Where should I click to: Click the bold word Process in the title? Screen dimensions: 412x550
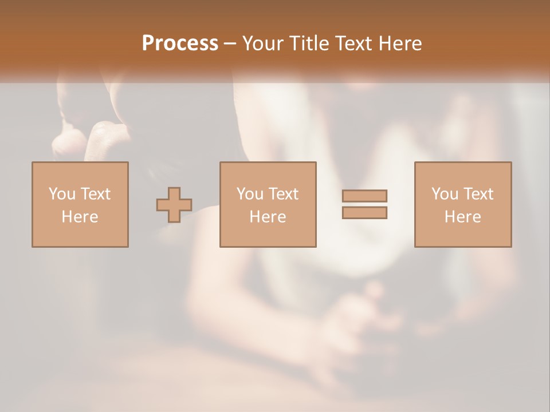180,43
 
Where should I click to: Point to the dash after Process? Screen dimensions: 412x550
230,44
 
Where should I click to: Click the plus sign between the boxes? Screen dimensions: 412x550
174,204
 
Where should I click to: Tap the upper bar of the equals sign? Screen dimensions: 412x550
365,196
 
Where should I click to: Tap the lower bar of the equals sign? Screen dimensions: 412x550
365,212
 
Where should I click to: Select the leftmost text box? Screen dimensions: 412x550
80,204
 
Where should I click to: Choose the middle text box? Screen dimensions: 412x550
268,204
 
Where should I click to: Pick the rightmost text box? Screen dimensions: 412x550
462,204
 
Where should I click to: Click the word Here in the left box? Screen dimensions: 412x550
80,217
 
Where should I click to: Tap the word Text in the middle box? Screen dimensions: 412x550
283,194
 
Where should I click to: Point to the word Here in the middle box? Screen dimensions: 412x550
268,217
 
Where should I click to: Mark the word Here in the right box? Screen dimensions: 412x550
462,217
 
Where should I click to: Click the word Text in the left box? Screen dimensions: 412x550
95,194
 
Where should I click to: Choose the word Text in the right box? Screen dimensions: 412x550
478,194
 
